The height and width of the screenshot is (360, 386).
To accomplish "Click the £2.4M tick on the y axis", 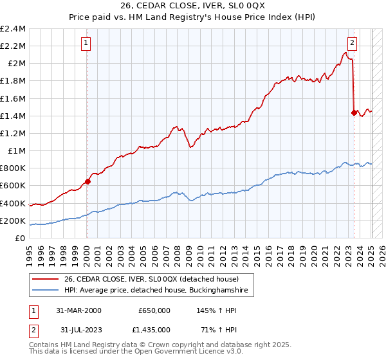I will coord(13,29).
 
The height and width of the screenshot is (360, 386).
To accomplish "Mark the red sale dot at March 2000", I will coord(88,181).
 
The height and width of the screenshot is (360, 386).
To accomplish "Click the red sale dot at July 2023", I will coord(354,113).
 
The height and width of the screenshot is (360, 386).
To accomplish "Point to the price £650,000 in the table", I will coord(154,310).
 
